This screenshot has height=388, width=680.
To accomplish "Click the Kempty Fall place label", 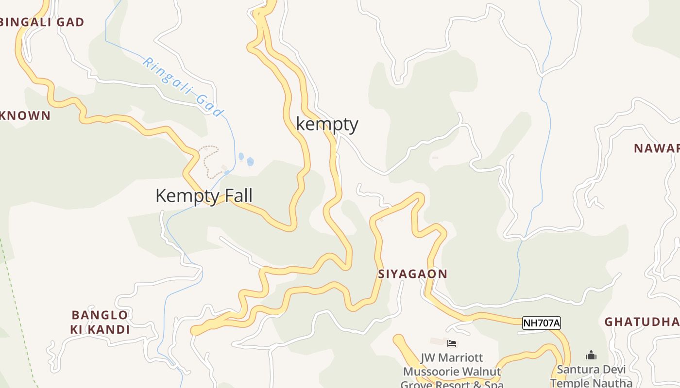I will (x=204, y=196).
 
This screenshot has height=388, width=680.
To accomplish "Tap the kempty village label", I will (x=327, y=124).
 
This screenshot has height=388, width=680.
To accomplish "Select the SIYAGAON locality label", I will (x=412, y=274).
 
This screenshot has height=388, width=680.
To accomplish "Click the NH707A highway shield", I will (x=541, y=323).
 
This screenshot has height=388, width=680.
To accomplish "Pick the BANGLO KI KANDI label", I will (x=100, y=323).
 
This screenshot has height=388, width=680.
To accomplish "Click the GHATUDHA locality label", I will (x=641, y=322).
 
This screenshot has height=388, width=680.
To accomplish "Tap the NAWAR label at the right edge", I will (x=656, y=148).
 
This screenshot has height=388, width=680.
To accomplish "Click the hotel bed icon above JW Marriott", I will (x=452, y=343).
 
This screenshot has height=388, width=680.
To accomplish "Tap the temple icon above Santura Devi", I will (x=591, y=356).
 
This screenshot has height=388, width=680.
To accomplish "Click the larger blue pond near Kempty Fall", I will (x=250, y=162).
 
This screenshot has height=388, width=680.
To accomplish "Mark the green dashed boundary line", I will (x=19, y=310).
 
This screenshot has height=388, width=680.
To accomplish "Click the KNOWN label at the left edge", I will (x=25, y=115).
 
